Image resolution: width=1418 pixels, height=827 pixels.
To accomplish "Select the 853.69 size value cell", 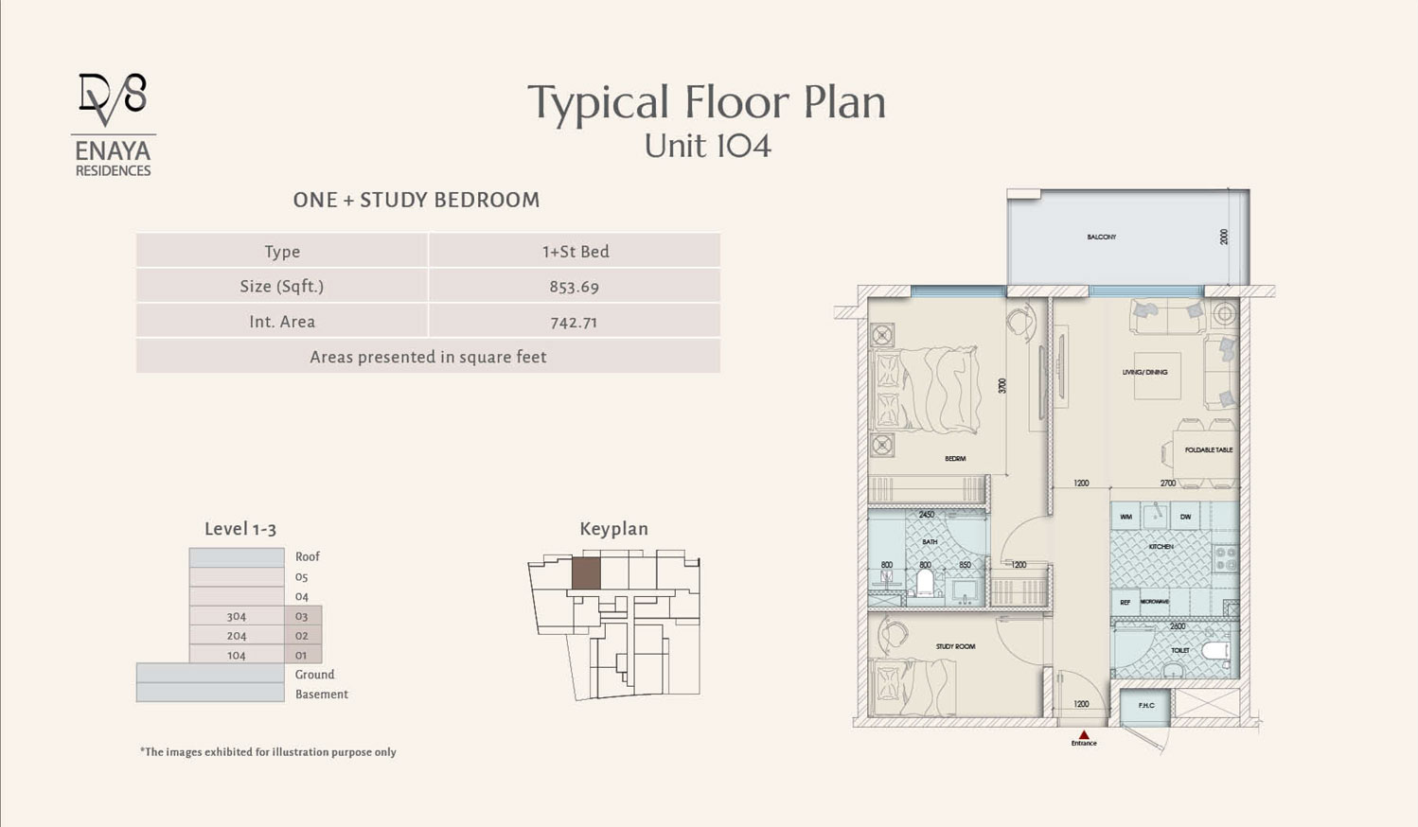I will pos(574,286).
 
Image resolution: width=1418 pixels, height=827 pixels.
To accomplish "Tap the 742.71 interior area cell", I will pos(574,322).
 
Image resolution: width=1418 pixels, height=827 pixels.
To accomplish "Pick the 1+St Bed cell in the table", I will pos(575,251).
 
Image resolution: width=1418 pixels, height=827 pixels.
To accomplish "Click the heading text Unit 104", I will pos(707,146).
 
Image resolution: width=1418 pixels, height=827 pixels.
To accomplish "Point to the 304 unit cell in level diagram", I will pos(236,616).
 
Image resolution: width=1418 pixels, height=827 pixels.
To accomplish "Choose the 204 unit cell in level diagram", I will pos(236,636).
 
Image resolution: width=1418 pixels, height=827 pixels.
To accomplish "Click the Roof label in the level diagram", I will pos(307,556).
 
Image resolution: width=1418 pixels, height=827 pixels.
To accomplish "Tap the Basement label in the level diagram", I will pos(321,695).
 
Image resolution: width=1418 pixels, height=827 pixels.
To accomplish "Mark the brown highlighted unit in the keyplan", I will pos(586,573).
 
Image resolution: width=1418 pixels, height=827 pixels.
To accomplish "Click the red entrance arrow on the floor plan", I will pos(1084,734).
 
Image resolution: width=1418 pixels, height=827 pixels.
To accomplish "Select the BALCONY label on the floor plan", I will pos(1101,237).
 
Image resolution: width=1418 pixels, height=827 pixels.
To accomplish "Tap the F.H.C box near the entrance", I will pos(1145,706).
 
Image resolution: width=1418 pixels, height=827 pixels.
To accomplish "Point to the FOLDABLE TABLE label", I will pos(1208,449).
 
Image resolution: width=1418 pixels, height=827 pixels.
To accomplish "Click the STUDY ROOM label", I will pos(955,646).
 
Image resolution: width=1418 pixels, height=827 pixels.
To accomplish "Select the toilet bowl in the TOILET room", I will pos(1214,651).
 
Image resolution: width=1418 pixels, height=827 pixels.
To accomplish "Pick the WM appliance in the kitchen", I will pos(1126,517).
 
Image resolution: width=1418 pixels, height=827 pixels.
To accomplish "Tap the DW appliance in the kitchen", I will pos(1184,517).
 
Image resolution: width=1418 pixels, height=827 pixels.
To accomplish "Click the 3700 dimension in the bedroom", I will pos(1001,385).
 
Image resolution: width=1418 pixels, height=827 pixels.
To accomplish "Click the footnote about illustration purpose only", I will pos(268,752).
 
